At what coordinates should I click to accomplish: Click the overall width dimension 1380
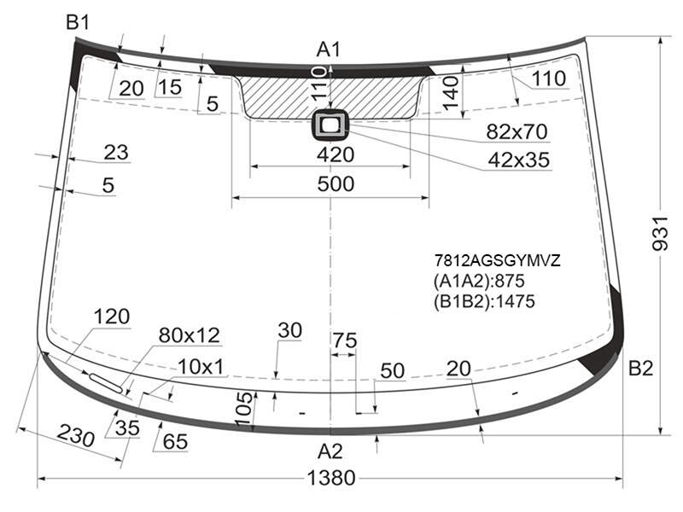(x=331, y=478)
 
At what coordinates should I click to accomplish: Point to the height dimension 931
(x=660, y=233)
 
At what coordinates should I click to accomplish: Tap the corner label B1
(x=78, y=22)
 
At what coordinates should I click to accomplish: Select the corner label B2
(x=640, y=369)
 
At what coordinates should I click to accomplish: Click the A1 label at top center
(x=329, y=49)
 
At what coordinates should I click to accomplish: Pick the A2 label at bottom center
(x=330, y=451)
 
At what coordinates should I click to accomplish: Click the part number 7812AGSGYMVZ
(x=497, y=260)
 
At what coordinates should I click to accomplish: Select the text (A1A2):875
(x=479, y=281)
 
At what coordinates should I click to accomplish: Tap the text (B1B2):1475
(x=484, y=301)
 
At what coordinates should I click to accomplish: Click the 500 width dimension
(x=336, y=183)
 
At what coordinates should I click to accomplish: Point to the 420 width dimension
(x=336, y=154)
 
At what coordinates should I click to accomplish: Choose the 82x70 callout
(x=517, y=131)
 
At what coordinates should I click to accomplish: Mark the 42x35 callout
(x=518, y=160)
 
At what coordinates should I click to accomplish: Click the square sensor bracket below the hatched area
(x=330, y=125)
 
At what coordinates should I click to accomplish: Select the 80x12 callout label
(x=189, y=335)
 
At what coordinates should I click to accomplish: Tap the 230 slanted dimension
(x=76, y=434)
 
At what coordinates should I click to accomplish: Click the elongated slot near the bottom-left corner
(x=106, y=382)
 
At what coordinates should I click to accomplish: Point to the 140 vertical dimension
(x=452, y=92)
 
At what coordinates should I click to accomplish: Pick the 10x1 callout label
(x=201, y=367)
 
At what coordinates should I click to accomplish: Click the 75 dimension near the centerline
(x=345, y=340)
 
